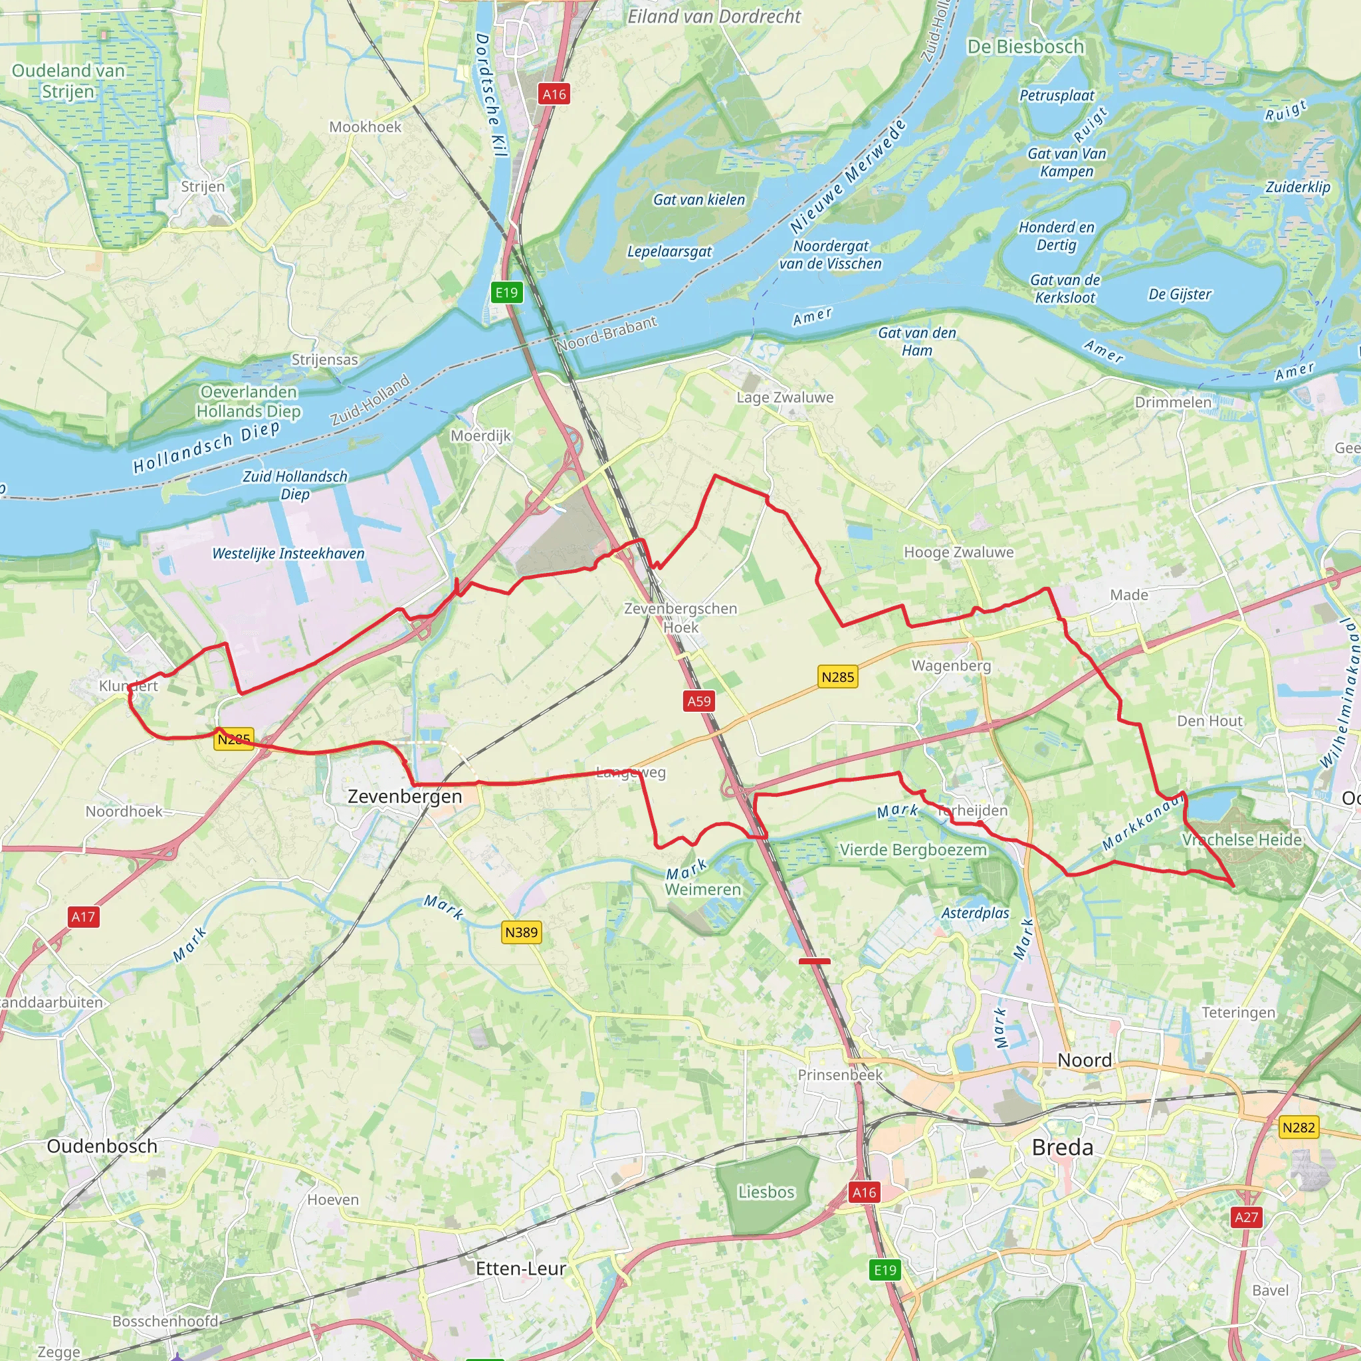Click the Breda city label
pos(1063,1148)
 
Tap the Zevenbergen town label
pos(405,797)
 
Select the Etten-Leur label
pos(520,1269)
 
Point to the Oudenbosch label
pos(102,1146)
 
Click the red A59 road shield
pos(699,701)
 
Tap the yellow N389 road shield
pos(521,932)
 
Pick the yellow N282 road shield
pos(1299,1127)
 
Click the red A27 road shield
pos(1246,1217)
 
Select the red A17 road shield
pos(83,916)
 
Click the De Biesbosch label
pos(1025,47)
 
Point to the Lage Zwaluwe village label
pos(785,397)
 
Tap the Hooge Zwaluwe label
pos(959,552)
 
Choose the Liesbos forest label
pos(766,1192)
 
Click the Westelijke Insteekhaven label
pos(288,554)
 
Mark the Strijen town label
pos(203,187)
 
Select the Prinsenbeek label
pos(840,1075)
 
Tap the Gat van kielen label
pos(699,200)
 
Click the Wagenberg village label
pos(951,666)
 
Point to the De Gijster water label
pos(1180,294)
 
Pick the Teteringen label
pos(1239,1012)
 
